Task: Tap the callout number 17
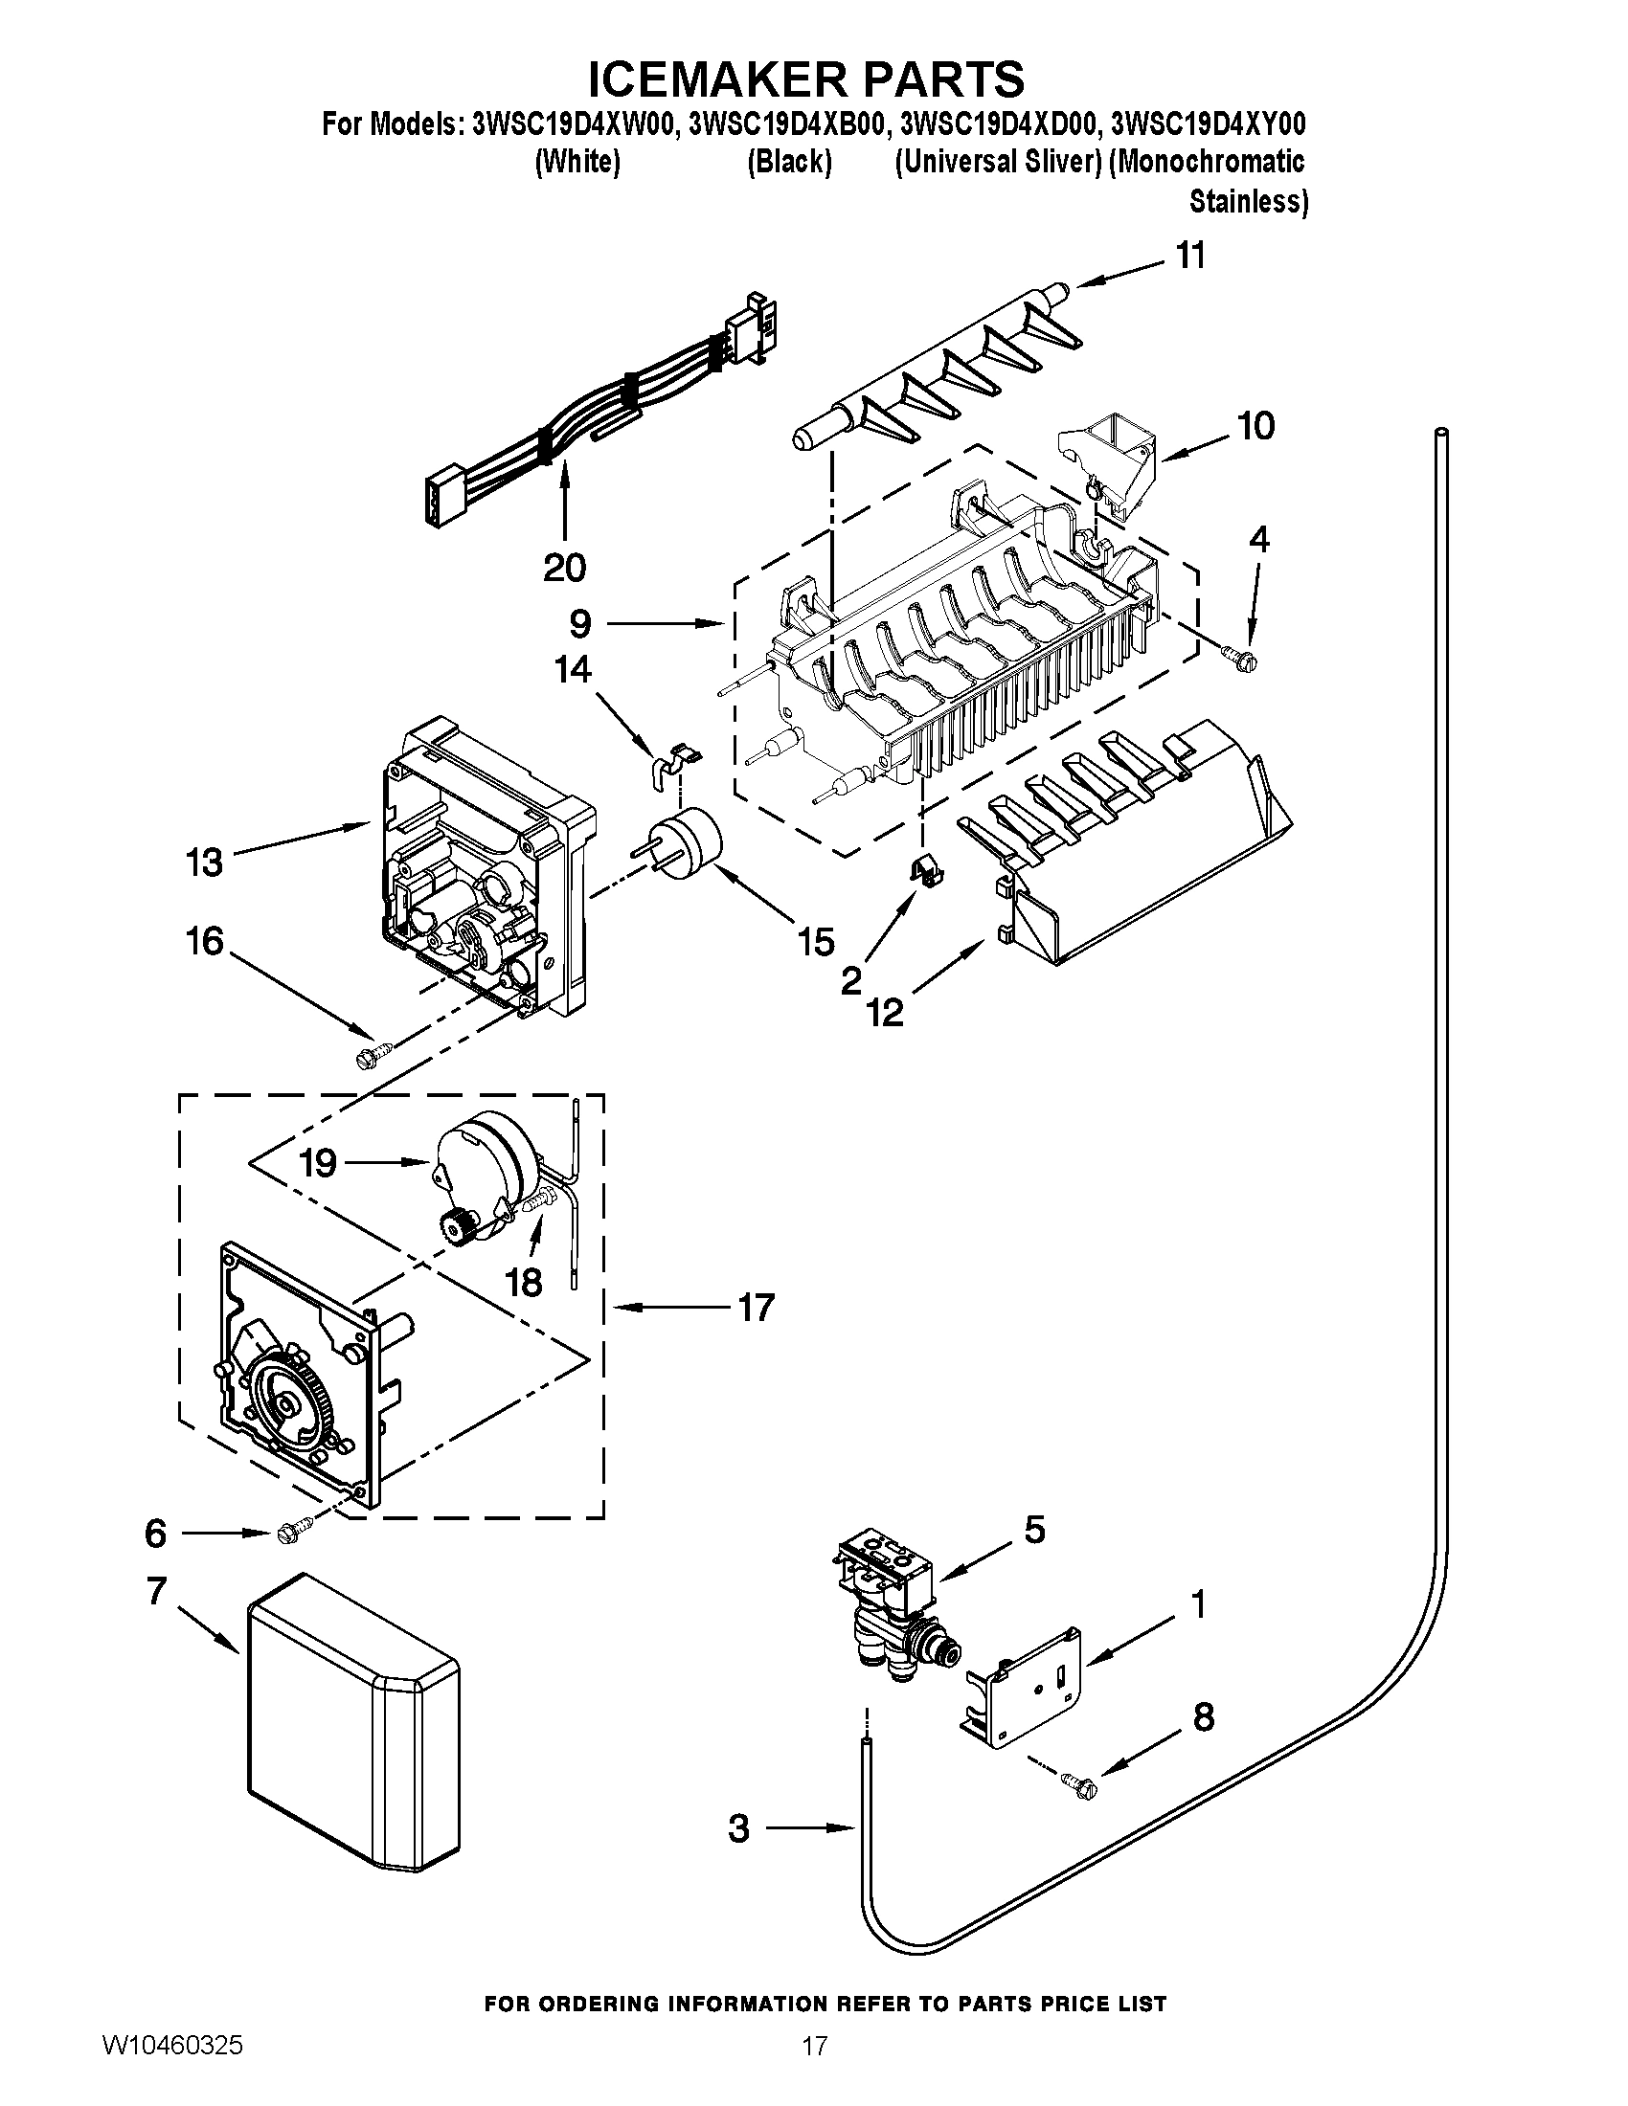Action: (756, 1309)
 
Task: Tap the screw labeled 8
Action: (1078, 1784)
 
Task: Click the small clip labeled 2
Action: (928, 871)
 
